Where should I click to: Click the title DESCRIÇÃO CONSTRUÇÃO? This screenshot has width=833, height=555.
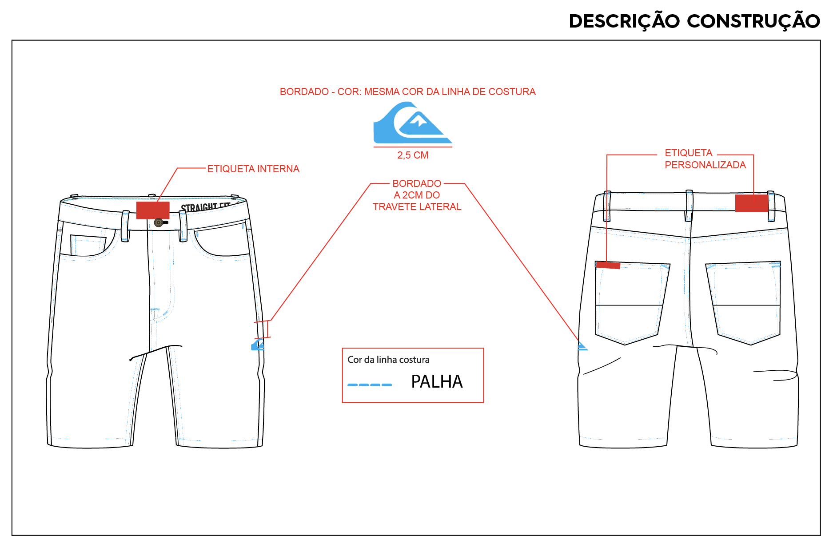tap(694, 20)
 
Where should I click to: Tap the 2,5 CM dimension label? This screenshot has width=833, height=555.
tap(413, 155)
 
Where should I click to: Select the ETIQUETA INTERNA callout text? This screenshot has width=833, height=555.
tap(253, 169)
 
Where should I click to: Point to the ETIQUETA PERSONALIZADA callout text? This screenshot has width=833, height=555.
tap(705, 159)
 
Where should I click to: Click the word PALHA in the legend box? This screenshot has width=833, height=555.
tap(437, 381)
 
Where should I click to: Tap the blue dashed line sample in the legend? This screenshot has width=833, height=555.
tap(370, 385)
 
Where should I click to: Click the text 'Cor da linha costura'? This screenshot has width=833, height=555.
tap(388, 360)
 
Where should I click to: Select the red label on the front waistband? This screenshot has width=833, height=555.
tap(153, 210)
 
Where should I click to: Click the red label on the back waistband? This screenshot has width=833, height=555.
tap(752, 203)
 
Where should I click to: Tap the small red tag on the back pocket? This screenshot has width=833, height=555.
tap(608, 265)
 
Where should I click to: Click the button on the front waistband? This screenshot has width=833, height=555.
tap(159, 222)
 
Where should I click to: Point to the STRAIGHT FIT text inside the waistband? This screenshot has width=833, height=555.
tap(205, 207)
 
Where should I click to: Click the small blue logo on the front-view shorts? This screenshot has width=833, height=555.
tap(258, 345)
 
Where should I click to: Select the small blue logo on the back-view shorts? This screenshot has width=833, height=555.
tap(582, 346)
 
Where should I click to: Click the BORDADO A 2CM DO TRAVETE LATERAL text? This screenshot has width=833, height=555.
tap(417, 195)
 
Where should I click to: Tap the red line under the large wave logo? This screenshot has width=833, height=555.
tap(413, 147)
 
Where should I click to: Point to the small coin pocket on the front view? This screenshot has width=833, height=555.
tap(88, 245)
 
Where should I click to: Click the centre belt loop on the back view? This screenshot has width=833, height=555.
tap(689, 206)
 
